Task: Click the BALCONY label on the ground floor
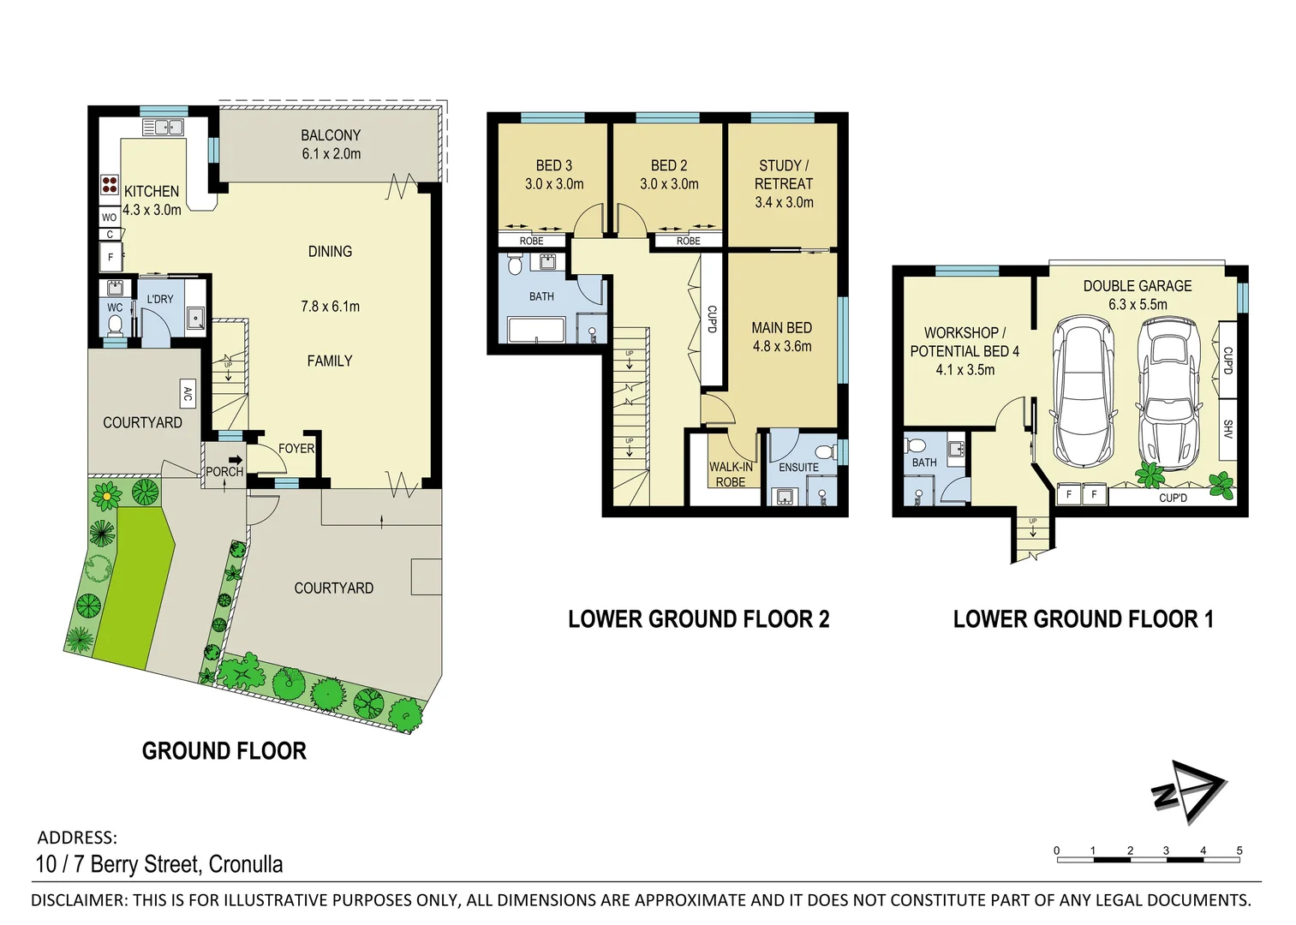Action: (331, 135)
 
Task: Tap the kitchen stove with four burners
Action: (110, 185)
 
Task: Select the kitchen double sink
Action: (163, 128)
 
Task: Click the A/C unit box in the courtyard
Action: (188, 393)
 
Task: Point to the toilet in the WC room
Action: (115, 324)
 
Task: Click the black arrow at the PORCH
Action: (235, 460)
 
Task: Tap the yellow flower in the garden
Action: (106, 494)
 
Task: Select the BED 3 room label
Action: (553, 165)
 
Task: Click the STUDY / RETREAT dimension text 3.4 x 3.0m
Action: (784, 202)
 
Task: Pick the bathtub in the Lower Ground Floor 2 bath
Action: (536, 330)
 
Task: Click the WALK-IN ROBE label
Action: (731, 474)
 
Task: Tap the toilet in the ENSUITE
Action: (824, 451)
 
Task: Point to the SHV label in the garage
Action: (1227, 429)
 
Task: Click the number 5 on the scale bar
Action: (1239, 850)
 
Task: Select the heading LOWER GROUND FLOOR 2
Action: (698, 619)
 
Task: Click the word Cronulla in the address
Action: (246, 864)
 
